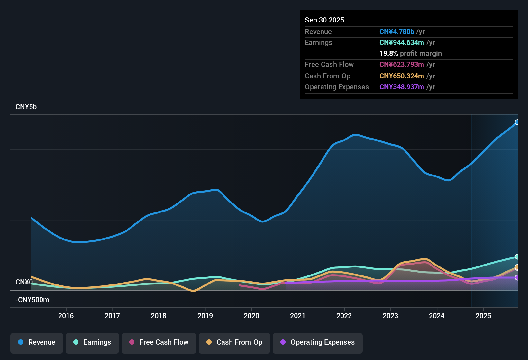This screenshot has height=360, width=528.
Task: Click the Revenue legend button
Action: (x=37, y=342)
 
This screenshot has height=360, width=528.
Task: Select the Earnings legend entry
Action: (x=92, y=342)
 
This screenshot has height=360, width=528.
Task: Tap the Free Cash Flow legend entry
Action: (x=159, y=342)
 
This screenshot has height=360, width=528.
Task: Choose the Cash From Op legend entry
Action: (x=234, y=342)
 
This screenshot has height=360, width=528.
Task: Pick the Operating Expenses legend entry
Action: (x=318, y=342)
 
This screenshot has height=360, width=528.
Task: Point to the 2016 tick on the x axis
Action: (x=66, y=316)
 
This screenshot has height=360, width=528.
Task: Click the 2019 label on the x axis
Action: (x=205, y=316)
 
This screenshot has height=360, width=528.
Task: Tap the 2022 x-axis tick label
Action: (x=344, y=316)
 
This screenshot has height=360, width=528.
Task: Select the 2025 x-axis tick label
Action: (x=483, y=316)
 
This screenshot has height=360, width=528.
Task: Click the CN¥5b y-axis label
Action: (x=26, y=107)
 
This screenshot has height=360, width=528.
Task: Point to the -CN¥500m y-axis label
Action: (x=32, y=300)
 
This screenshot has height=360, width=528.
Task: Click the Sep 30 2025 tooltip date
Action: (x=324, y=20)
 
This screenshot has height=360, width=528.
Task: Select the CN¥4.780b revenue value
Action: (x=396, y=32)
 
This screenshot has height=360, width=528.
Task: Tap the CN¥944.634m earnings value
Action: (x=402, y=42)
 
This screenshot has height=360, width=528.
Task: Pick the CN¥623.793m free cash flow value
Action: (x=402, y=64)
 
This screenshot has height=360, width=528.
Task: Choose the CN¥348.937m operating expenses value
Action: (x=402, y=87)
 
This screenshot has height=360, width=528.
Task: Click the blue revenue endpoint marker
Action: (x=517, y=122)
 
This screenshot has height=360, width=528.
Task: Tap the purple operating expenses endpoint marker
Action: (x=517, y=277)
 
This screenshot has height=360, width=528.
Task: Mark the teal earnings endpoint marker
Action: (x=517, y=256)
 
